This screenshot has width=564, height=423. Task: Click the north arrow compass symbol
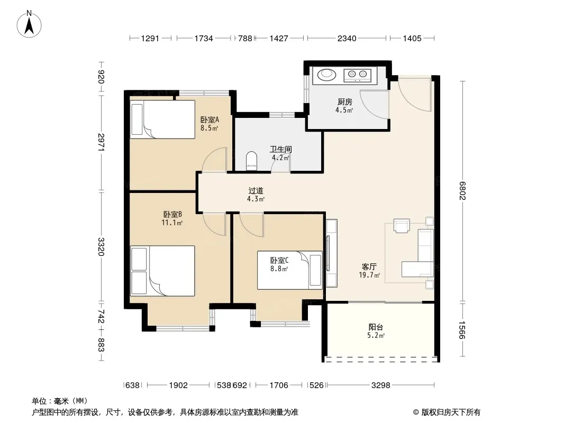click(x=29, y=24)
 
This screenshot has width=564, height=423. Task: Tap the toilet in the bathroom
click(x=251, y=161)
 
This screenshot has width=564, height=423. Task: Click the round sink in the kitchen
click(x=326, y=75)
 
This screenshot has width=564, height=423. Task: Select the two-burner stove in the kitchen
click(x=357, y=75)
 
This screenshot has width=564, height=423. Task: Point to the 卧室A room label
click(x=210, y=119)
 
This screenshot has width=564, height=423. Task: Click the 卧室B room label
click(x=172, y=215)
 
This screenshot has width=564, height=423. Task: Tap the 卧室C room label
click(x=279, y=260)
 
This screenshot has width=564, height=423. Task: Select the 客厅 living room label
click(x=369, y=266)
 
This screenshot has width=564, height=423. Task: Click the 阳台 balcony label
click(x=376, y=327)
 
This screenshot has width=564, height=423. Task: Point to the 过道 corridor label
click(x=256, y=191)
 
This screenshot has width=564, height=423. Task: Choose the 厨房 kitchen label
click(x=344, y=102)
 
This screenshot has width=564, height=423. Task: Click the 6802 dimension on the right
click(x=462, y=191)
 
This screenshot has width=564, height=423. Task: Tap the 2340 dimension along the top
click(x=347, y=38)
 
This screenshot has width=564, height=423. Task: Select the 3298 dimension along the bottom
click(x=380, y=385)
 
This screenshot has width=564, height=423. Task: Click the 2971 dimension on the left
click(x=101, y=142)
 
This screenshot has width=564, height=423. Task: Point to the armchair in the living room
click(x=402, y=226)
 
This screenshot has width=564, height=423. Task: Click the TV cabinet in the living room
click(x=332, y=253)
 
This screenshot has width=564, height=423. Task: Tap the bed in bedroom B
click(x=162, y=271)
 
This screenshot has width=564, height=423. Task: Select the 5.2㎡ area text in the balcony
click(x=376, y=336)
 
